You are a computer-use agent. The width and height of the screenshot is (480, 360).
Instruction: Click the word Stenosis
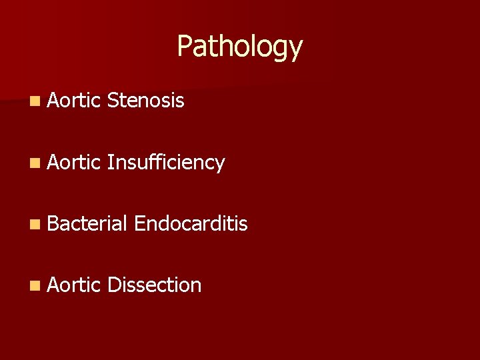pyautogui.click(x=145, y=101)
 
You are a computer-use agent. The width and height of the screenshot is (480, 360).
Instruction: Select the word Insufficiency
pyautogui.click(x=165, y=163)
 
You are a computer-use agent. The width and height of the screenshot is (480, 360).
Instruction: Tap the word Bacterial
pyautogui.click(x=87, y=224)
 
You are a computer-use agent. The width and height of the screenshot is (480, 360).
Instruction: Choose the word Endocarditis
pyautogui.click(x=191, y=224)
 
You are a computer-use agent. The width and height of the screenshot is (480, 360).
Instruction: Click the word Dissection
pyautogui.click(x=154, y=285)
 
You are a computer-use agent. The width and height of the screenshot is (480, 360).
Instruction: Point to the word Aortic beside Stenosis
pyautogui.click(x=73, y=101)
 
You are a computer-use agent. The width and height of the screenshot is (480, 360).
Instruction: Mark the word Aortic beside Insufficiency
pyautogui.click(x=73, y=162)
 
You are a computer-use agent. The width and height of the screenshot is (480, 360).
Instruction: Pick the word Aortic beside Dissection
pyautogui.click(x=73, y=285)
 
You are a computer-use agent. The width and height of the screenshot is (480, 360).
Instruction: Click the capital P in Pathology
pyautogui.click(x=184, y=47)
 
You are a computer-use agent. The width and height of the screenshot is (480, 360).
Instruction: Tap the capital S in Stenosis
pyautogui.click(x=112, y=101)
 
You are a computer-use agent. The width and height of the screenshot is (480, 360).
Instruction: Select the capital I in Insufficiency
pyautogui.click(x=109, y=162)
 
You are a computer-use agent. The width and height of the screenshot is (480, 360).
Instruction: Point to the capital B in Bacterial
pyautogui.click(x=53, y=224)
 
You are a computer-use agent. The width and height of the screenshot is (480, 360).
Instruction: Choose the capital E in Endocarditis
pyautogui.click(x=139, y=224)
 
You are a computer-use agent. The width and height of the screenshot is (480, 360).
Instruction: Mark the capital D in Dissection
pyautogui.click(x=113, y=285)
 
